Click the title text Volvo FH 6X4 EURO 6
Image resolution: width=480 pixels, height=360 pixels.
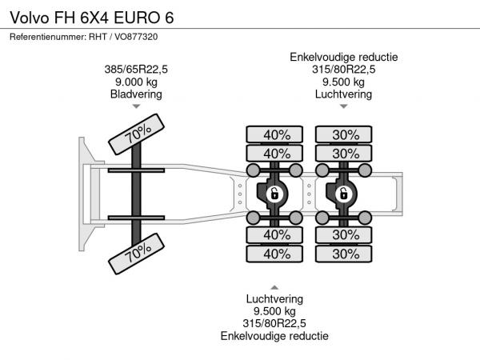point(92,18)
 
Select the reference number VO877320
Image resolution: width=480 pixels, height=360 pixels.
point(136,37)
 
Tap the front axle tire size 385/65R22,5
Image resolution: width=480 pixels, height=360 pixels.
point(136,70)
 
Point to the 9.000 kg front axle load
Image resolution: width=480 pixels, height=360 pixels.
point(136,82)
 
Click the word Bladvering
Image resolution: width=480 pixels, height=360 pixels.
point(136,94)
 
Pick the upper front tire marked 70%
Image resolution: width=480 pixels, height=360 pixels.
point(137,134)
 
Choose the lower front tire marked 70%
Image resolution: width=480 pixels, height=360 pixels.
point(137,254)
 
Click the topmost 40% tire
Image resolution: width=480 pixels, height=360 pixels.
point(274,134)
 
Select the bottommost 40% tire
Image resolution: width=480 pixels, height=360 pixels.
point(274,254)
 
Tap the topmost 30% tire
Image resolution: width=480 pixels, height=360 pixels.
point(344,134)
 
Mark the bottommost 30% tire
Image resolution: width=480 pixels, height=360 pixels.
point(344,254)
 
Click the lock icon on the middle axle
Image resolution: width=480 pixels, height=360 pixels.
point(274,194)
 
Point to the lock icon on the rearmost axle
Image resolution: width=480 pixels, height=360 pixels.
point(343,194)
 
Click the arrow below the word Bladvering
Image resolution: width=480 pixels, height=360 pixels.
point(136,106)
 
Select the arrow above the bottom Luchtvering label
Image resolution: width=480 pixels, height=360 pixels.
point(274,287)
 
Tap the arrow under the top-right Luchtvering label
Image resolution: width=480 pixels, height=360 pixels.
point(344,106)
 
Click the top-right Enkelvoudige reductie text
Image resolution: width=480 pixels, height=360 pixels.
point(344,58)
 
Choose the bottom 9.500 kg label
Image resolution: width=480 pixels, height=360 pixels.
point(274,311)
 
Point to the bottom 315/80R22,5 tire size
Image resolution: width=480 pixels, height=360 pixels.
point(274,323)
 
